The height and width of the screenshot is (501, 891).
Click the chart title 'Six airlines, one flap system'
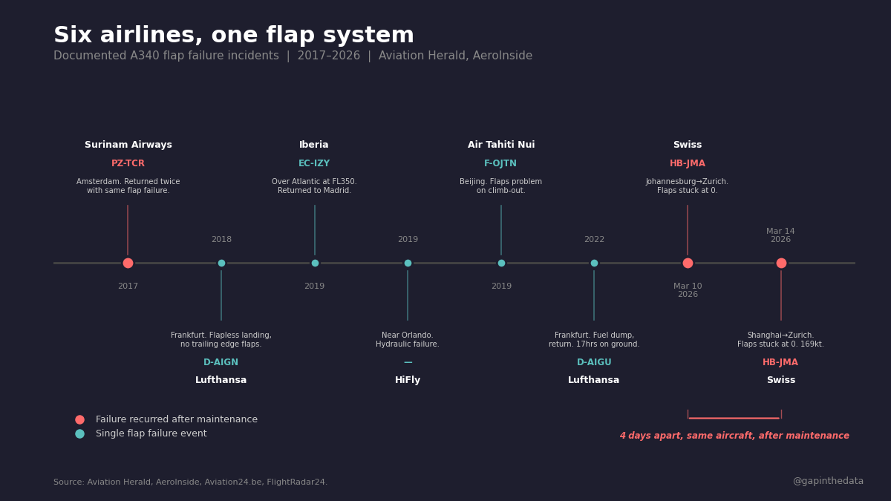coord(234,36)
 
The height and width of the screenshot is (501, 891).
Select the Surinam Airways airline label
coord(128,145)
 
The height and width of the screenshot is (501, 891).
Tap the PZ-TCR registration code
coord(128,163)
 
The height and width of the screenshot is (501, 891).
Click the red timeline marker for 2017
coord(128,263)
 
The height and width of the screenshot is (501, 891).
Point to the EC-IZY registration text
coord(314,163)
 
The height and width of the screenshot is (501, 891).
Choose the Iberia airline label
coord(314,145)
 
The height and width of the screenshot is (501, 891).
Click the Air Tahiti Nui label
coord(501,145)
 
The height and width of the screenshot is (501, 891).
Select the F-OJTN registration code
coord(500,163)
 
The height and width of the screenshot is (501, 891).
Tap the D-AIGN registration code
coord(221,362)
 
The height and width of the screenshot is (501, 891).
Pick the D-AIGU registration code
coord(594,362)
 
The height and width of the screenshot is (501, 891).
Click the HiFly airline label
coord(408,380)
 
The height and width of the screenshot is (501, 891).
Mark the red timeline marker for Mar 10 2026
coord(688,263)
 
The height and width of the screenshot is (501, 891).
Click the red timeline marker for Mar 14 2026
coord(781,263)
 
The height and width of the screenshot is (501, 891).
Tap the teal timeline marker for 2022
coord(594,263)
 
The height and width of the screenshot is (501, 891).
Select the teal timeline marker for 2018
coord(221,263)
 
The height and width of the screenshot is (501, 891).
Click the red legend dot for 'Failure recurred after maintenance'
coord(79,419)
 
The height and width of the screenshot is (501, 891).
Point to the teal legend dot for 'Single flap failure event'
coord(79,433)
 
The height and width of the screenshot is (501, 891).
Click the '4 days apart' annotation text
coord(734,436)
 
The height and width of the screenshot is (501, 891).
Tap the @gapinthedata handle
coord(828,481)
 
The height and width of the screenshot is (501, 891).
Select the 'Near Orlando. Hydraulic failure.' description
coord(408,340)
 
